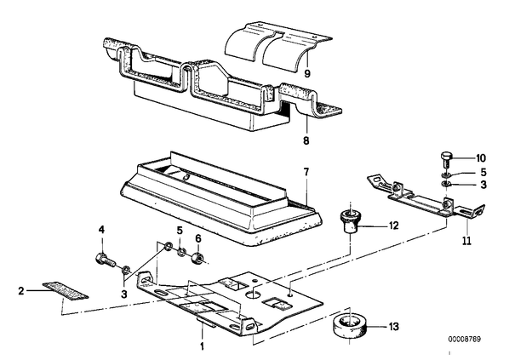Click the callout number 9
pyautogui.click(x=307, y=74)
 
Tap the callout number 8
pyautogui.click(x=306, y=141)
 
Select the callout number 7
pyautogui.click(x=306, y=172)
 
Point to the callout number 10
pyautogui.click(x=481, y=158)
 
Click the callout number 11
pyautogui.click(x=466, y=241)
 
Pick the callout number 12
pyautogui.click(x=393, y=226)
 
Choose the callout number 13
pyautogui.click(x=393, y=327)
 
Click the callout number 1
pyautogui.click(x=202, y=346)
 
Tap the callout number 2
pyautogui.click(x=21, y=290)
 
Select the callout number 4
pyautogui.click(x=101, y=230)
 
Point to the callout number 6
pyautogui.click(x=198, y=238)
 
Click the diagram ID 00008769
pyautogui.click(x=465, y=340)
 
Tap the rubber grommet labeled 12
pyautogui.click(x=350, y=220)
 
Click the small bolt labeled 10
pyautogui.click(x=446, y=159)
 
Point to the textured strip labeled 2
pyautogui.click(x=66, y=290)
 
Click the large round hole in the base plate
pyautogui.click(x=254, y=294)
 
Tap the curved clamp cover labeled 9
pyautogui.click(x=278, y=46)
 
